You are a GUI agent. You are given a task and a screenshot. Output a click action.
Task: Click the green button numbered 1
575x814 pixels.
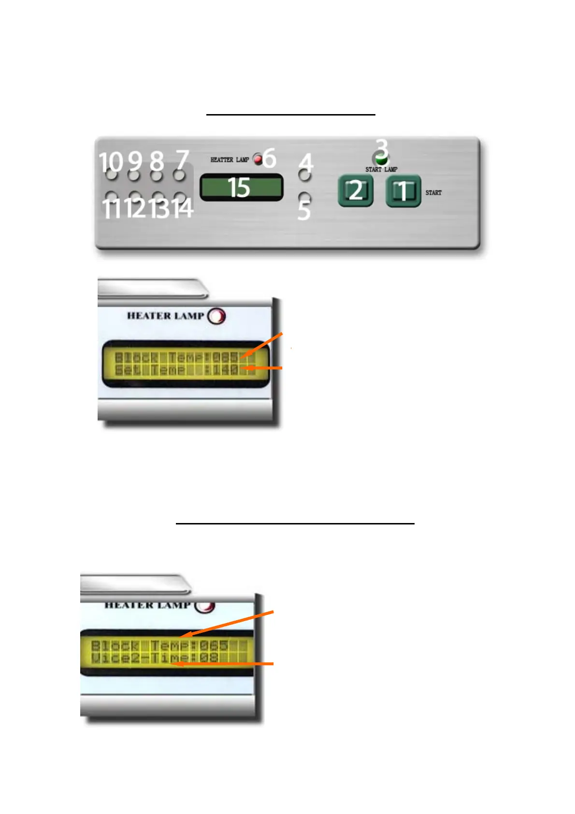click(403, 191)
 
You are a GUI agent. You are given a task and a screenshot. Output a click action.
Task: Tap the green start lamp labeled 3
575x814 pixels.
click(380, 159)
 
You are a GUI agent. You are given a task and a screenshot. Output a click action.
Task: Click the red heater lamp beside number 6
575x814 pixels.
click(259, 159)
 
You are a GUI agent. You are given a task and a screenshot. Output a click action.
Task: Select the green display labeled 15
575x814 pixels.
click(241, 188)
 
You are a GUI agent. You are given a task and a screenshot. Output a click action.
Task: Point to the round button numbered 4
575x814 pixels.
click(304, 175)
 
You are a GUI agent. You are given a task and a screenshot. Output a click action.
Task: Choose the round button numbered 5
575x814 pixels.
click(304, 197)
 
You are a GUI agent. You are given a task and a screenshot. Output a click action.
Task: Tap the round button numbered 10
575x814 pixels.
click(112, 174)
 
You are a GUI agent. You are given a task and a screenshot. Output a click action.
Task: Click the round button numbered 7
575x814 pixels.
click(179, 174)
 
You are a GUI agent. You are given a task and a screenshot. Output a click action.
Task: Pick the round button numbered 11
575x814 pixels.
click(112, 197)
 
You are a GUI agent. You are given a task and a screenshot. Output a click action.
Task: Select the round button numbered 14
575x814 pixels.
click(179, 197)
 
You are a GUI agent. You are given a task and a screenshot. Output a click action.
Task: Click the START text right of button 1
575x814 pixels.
click(433, 192)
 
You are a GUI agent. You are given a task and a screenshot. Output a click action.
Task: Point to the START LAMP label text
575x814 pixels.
click(381, 170)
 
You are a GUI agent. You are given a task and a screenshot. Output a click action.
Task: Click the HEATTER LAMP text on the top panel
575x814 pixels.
click(230, 160)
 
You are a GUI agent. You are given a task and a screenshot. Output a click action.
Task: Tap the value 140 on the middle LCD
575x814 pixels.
click(226, 370)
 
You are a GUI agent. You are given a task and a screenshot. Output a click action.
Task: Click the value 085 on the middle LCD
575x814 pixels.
click(226, 357)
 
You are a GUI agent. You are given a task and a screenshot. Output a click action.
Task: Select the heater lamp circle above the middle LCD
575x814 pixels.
click(216, 316)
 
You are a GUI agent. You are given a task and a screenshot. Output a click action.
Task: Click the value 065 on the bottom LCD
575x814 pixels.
click(214, 645)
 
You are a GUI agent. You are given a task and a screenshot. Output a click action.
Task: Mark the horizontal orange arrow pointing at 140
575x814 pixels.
click(263, 368)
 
